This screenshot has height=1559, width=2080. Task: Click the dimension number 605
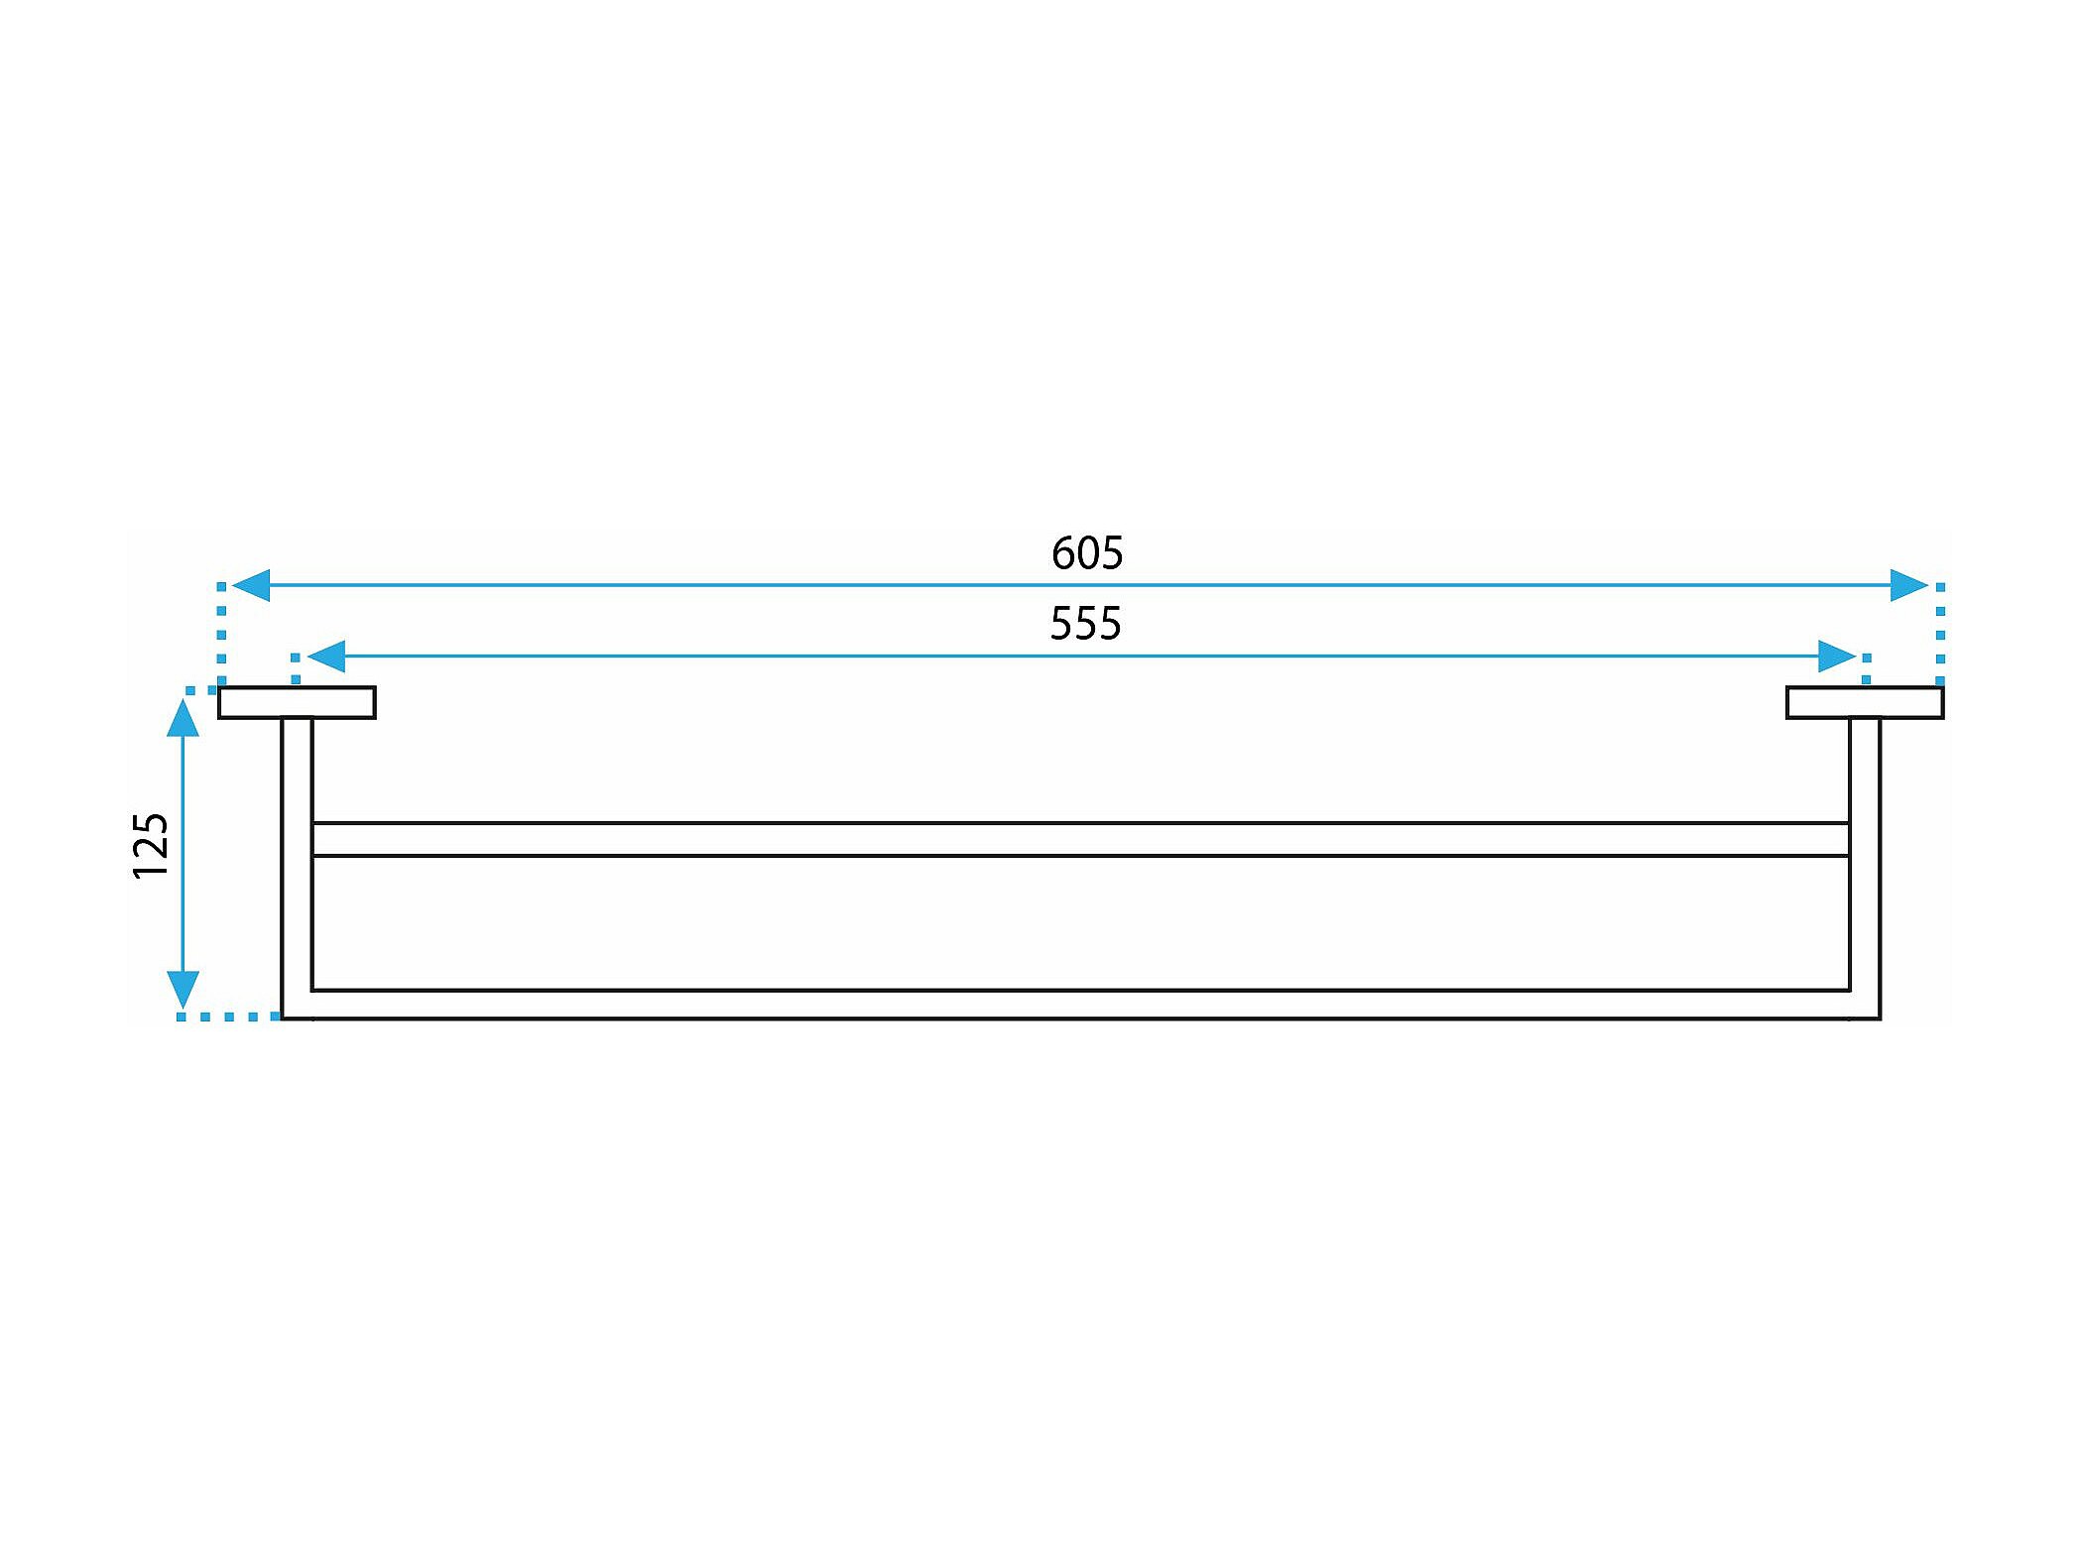1087,553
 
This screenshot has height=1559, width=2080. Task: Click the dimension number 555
1085,624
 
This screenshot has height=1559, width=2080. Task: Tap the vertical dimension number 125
152,846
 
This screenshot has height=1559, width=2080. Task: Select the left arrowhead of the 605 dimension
251,585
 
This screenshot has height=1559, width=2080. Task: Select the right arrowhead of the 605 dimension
1908,585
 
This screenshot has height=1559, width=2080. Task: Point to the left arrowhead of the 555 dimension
326,656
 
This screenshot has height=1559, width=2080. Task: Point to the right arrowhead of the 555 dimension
1837,656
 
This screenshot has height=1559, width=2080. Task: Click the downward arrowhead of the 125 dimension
183,989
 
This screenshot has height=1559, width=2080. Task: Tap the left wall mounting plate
297,702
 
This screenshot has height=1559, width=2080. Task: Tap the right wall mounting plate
1865,702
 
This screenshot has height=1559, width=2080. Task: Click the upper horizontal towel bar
1081,839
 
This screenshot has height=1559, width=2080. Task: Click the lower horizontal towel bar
1081,1004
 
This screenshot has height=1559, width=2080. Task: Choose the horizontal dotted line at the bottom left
229,1017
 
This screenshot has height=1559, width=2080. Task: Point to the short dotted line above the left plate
295,668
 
